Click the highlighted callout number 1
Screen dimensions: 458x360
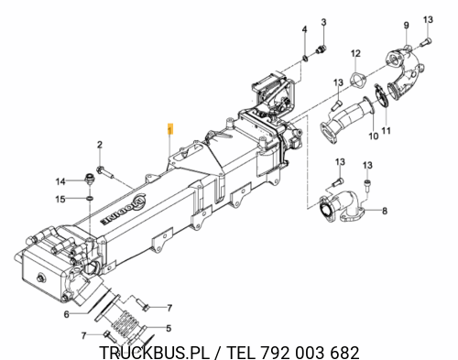click(170, 129)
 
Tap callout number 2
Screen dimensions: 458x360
click(100, 145)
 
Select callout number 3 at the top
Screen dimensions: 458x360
click(323, 22)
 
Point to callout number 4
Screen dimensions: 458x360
click(304, 29)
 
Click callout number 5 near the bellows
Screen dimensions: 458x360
click(169, 329)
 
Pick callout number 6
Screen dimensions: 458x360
click(67, 314)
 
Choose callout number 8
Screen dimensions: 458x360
click(385, 211)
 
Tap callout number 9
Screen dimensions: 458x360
click(407, 25)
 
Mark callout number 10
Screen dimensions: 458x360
click(374, 136)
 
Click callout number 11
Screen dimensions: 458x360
click(387, 131)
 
